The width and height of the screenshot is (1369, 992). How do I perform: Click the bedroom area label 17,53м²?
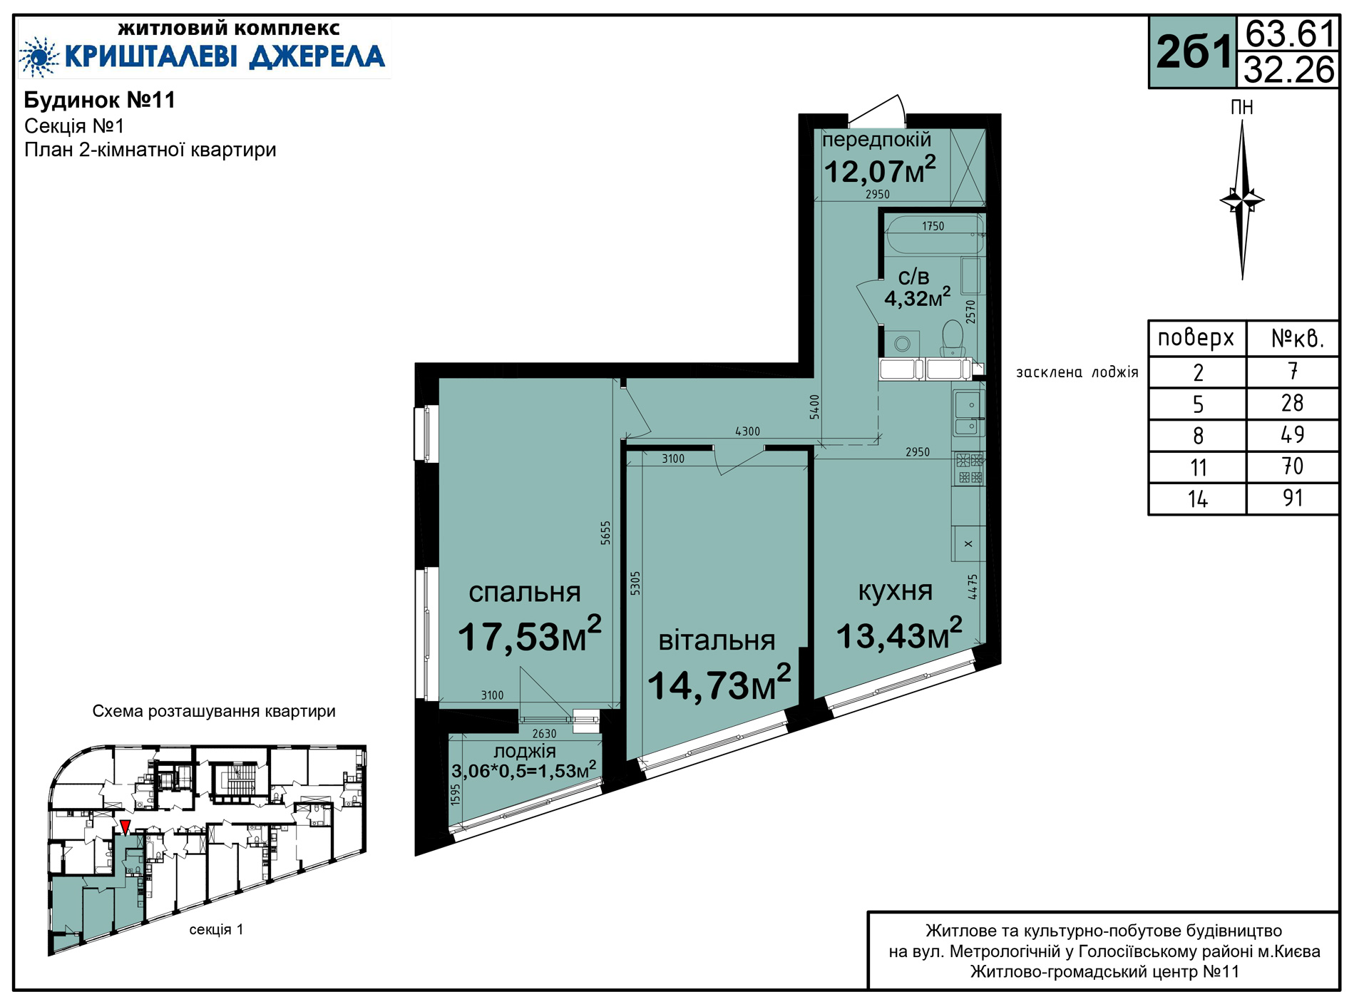pyautogui.click(x=530, y=635)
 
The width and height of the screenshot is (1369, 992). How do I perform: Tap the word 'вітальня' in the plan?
pyautogui.click(x=717, y=640)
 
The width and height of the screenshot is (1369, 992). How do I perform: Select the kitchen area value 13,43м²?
pyautogui.click(x=899, y=635)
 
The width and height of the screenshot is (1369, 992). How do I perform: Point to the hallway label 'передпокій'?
pyautogui.click(x=877, y=140)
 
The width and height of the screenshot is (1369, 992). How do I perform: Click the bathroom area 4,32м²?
pyautogui.click(x=918, y=297)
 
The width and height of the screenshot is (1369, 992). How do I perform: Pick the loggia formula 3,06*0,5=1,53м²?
pyautogui.click(x=524, y=770)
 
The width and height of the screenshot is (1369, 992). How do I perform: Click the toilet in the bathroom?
pyautogui.click(x=952, y=338)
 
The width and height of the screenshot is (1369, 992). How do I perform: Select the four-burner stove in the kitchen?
pyautogui.click(x=970, y=469)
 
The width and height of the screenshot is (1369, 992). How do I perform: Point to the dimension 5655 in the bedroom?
pyautogui.click(x=605, y=533)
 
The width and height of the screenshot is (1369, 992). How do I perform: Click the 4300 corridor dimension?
pyautogui.click(x=747, y=431)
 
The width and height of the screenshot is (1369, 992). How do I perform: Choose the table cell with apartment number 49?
pyautogui.click(x=1292, y=435)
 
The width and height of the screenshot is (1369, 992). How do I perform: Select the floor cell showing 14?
pyautogui.click(x=1197, y=498)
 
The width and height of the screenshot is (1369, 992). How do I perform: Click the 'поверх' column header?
pyautogui.click(x=1196, y=337)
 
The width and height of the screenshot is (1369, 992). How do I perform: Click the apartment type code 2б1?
pyautogui.click(x=1194, y=52)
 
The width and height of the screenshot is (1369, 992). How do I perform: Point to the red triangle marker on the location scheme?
pyautogui.click(x=125, y=827)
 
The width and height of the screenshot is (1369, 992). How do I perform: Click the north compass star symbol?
pyautogui.click(x=1242, y=200)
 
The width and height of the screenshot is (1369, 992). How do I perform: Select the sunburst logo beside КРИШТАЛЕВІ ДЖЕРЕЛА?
pyautogui.click(x=39, y=56)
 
